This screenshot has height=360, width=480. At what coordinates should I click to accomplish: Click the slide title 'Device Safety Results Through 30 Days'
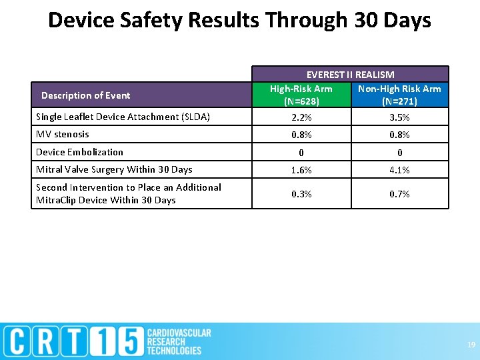(x=240, y=21)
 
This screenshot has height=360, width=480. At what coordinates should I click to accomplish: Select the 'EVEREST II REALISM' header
(x=350, y=75)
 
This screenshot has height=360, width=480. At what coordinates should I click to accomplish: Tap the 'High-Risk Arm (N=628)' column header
(x=301, y=95)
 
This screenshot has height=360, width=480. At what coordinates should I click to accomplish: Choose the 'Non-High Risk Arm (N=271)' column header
(x=399, y=95)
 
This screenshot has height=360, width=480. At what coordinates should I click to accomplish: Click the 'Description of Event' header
(x=85, y=95)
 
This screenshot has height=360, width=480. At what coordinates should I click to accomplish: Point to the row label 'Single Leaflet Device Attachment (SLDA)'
(x=123, y=117)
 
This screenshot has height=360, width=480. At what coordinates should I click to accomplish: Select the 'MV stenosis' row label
(x=62, y=135)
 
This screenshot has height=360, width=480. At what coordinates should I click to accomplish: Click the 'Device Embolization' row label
(x=79, y=152)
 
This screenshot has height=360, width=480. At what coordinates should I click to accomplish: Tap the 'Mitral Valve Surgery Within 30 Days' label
(x=114, y=169)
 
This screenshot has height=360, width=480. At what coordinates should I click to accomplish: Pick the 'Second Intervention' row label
(x=128, y=193)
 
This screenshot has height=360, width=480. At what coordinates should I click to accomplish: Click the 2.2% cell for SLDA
(x=301, y=117)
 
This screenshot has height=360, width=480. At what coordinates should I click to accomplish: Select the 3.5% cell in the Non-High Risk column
(x=399, y=117)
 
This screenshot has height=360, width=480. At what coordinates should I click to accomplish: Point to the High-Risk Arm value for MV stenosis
(x=301, y=135)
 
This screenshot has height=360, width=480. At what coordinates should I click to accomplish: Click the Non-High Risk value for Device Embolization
(x=399, y=153)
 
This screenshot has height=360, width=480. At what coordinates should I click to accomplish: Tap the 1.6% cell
(x=301, y=170)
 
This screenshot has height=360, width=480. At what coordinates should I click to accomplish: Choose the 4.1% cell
(x=399, y=170)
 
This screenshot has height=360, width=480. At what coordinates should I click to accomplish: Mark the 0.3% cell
(x=301, y=194)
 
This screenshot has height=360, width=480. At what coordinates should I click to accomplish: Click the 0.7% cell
(x=399, y=194)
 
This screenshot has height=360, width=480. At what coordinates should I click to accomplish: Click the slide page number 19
(x=471, y=345)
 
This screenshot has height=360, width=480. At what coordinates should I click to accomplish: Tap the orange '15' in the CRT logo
(x=123, y=341)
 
